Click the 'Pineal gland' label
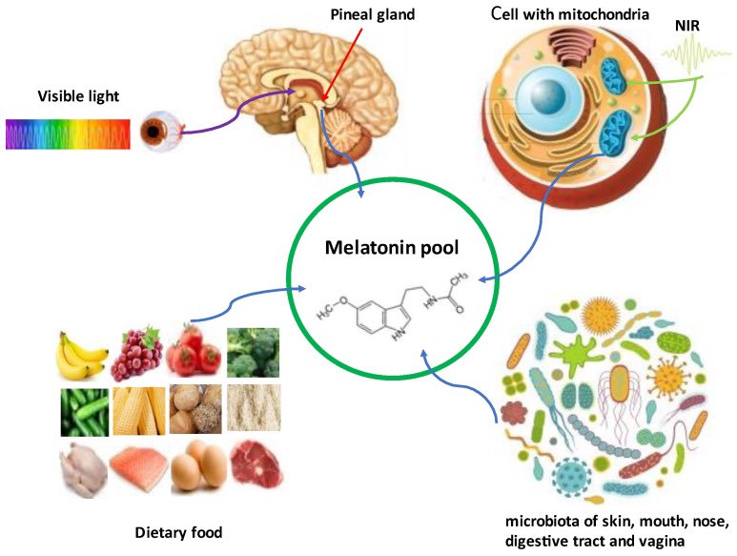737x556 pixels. [x=344, y=14]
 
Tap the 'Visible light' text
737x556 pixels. [x=78, y=95]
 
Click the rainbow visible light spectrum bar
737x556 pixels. [x=68, y=134]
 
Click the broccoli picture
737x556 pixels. [x=253, y=352]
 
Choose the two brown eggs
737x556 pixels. [x=199, y=466]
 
